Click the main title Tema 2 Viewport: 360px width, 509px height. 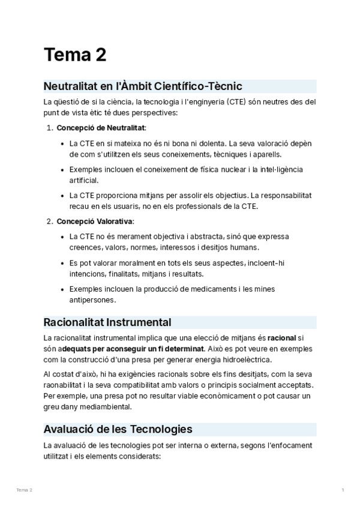75,55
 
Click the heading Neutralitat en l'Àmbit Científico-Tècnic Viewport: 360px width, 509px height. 143,86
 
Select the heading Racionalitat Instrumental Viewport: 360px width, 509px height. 107,322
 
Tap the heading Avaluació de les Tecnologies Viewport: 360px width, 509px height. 118,429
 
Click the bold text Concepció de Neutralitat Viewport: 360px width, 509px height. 101,128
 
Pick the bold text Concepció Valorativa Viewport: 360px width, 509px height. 95,221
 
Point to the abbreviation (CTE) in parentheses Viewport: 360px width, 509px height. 239,101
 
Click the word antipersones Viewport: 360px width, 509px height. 92,300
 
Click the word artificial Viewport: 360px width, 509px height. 83,179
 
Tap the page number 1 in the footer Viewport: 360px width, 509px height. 343,490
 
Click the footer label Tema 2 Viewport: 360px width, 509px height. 25,490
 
